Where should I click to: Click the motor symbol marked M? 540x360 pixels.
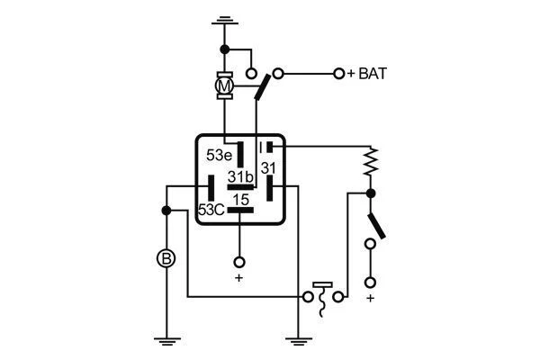click(x=224, y=85)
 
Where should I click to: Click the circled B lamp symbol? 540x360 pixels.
click(x=166, y=259)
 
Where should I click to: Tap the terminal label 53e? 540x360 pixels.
click(x=220, y=154)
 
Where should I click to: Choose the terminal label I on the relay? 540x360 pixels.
click(x=260, y=146)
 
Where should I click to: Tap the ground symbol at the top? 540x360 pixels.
click(x=224, y=19)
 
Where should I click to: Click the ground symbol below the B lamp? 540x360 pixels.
click(x=166, y=339)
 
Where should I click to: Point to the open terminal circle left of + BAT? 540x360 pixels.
click(x=339, y=74)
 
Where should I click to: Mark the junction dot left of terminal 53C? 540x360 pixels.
click(x=166, y=210)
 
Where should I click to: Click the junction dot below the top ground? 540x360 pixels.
click(x=224, y=49)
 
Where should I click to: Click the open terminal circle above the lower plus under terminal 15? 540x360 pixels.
click(x=239, y=262)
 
